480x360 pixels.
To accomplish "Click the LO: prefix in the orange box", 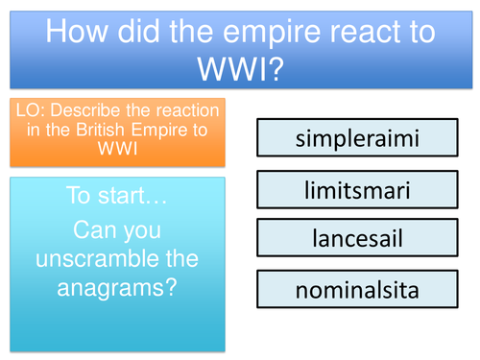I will pyautogui.click(x=29, y=111).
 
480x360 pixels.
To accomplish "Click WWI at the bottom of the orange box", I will pyautogui.click(x=120, y=152).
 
